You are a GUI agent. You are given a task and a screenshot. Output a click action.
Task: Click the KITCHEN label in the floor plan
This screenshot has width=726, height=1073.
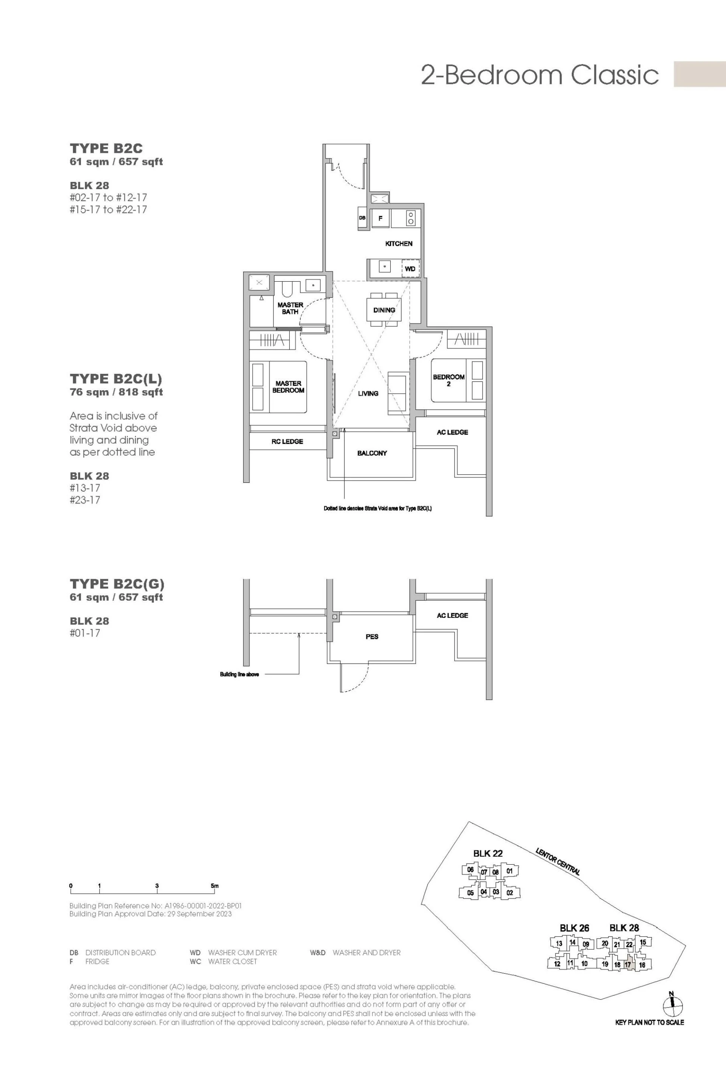tap(399, 243)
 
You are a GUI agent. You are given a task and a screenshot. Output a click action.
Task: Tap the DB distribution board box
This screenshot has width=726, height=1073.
tap(363, 218)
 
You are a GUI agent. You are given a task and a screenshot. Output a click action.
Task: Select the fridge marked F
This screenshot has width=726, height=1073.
tap(380, 219)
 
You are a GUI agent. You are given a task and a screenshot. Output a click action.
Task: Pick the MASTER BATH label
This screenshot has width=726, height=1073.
tap(290, 309)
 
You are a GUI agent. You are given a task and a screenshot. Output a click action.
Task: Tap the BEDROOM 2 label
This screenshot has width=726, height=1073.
tap(448, 380)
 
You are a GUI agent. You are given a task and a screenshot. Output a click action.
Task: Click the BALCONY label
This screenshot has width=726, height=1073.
tap(372, 453)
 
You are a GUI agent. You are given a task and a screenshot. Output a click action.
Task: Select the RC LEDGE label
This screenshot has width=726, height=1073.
tap(287, 441)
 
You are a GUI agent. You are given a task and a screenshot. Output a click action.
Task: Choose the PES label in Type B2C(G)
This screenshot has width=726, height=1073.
tap(372, 636)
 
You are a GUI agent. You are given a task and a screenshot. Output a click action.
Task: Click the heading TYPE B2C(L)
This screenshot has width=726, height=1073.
tap(116, 379)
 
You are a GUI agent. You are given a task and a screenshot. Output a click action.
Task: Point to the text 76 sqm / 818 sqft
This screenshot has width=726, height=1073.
tap(116, 392)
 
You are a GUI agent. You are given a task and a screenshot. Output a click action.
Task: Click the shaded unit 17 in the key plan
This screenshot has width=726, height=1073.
tap(628, 964)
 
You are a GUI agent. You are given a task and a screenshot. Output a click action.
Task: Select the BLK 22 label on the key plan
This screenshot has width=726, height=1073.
tap(488, 853)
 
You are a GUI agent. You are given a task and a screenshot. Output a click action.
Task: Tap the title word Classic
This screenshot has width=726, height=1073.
tap(615, 75)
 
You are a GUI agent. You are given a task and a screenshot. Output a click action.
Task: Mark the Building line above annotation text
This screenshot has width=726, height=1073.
tap(239, 674)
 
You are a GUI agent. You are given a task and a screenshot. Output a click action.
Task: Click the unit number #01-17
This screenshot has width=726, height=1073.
tap(85, 633)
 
